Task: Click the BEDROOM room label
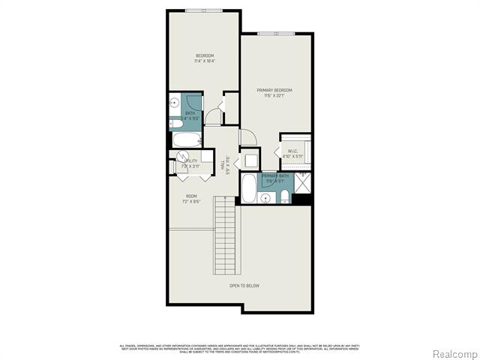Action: (x=205, y=56)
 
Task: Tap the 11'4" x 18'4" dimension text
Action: (x=205, y=61)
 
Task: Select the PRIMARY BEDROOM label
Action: (x=274, y=91)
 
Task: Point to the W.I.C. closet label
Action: (x=292, y=151)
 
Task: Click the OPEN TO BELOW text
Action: (x=244, y=286)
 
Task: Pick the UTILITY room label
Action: (x=191, y=160)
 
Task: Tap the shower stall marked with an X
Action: (x=304, y=182)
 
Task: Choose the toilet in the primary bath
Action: (x=285, y=196)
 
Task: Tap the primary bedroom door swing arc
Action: (x=247, y=136)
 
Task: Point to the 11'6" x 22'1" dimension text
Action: (x=274, y=96)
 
